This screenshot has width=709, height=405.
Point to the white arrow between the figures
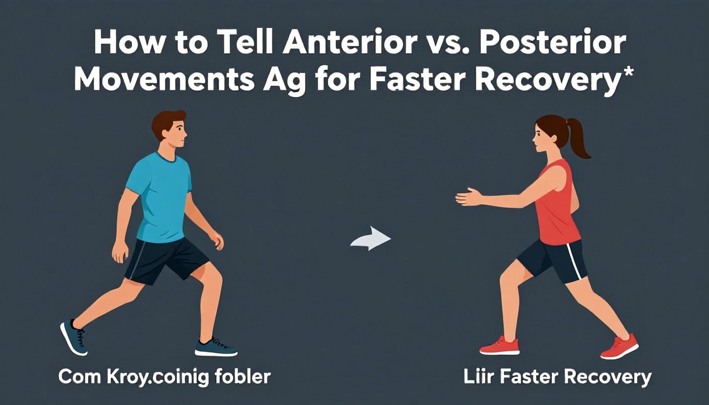(371, 238)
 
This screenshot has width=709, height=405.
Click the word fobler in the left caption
(246, 377)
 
